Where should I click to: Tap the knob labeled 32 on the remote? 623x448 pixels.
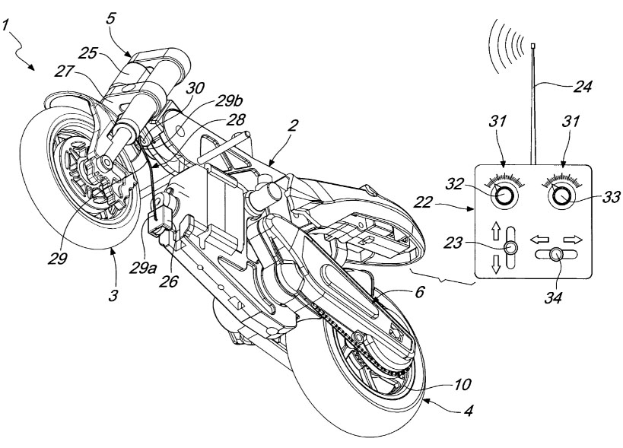click(504, 196)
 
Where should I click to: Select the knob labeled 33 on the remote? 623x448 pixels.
click(564, 196)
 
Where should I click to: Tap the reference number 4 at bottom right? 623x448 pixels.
click(469, 413)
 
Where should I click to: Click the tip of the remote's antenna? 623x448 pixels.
click(536, 46)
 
